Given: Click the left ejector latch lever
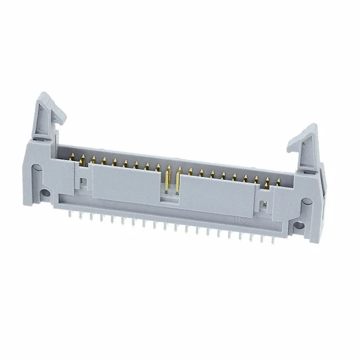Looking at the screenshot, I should pyautogui.click(x=48, y=115).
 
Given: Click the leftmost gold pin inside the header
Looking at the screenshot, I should pyautogui.click(x=72, y=159).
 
